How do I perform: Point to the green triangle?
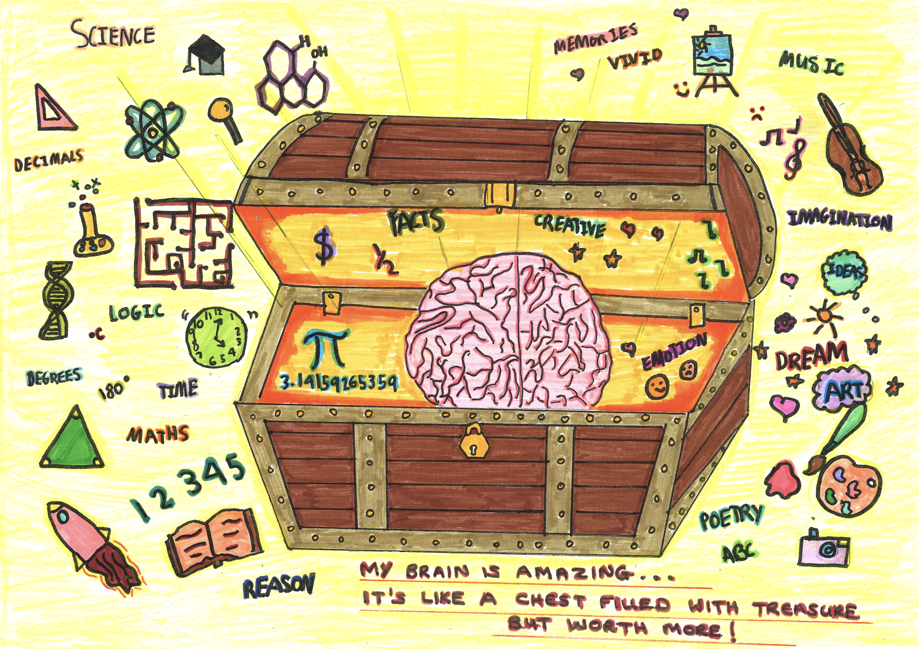point(72,440)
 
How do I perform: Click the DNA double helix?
point(56,300)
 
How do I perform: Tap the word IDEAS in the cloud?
point(845,272)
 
